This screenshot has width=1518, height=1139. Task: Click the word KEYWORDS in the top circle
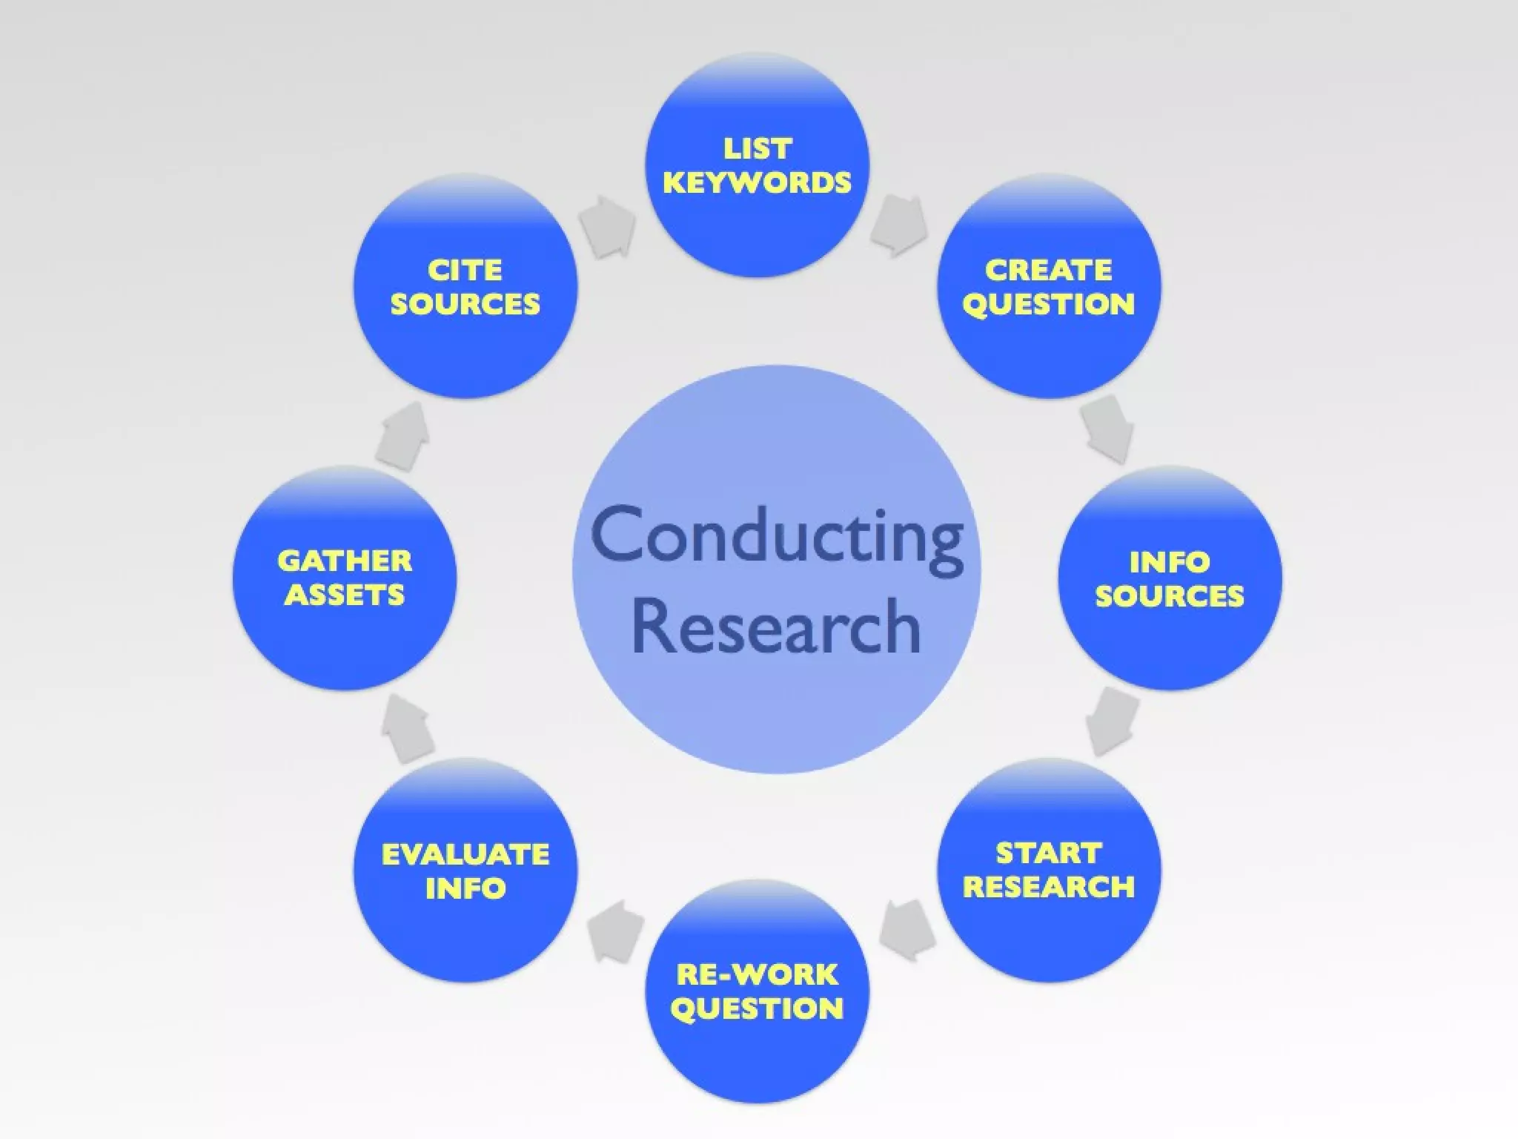coord(757,183)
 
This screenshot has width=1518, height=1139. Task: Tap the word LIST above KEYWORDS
coord(758,149)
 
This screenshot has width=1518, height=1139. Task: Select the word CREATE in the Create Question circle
coord(1048,270)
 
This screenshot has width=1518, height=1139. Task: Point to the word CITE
coord(465,270)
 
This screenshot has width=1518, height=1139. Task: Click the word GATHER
coord(345,561)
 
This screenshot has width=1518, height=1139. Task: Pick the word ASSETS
coord(345,595)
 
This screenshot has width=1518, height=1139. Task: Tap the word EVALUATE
coord(465,854)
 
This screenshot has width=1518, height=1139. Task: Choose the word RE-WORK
coord(757,974)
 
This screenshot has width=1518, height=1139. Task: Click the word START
coord(1048,854)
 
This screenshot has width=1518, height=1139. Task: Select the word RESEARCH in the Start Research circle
coord(1048,887)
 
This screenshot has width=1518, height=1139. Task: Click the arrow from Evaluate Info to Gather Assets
coord(407,729)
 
